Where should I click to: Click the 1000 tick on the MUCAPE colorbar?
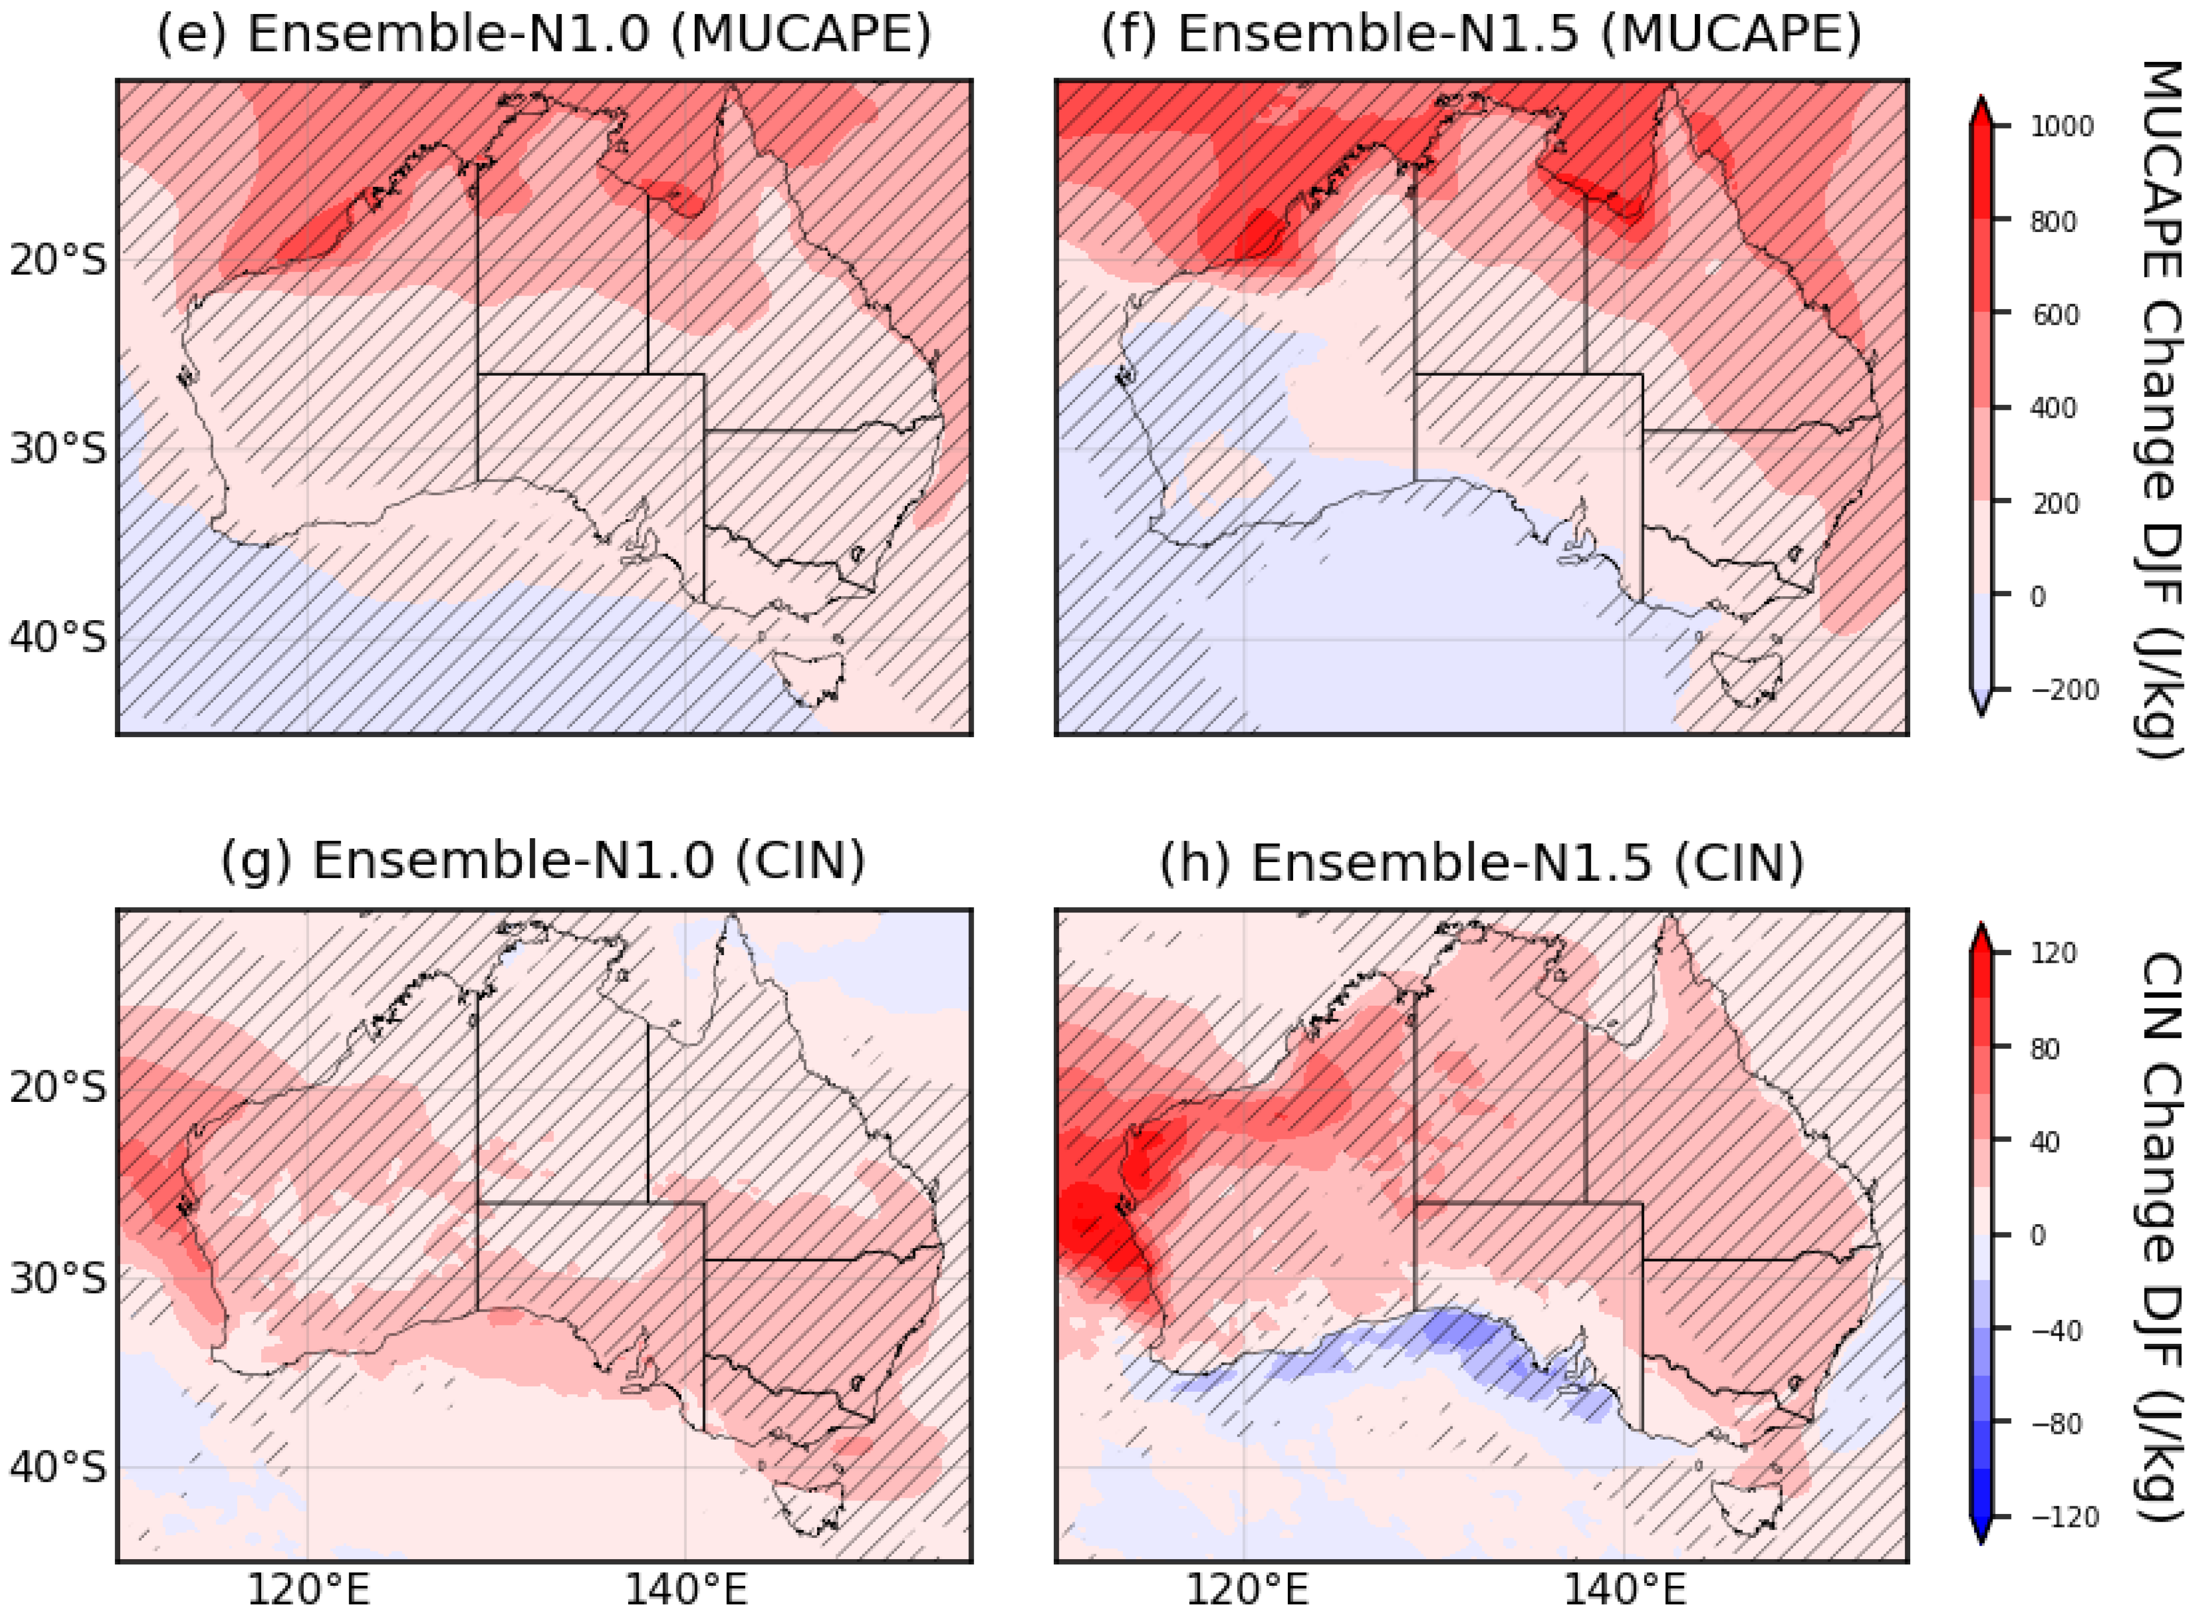coord(2060,126)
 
